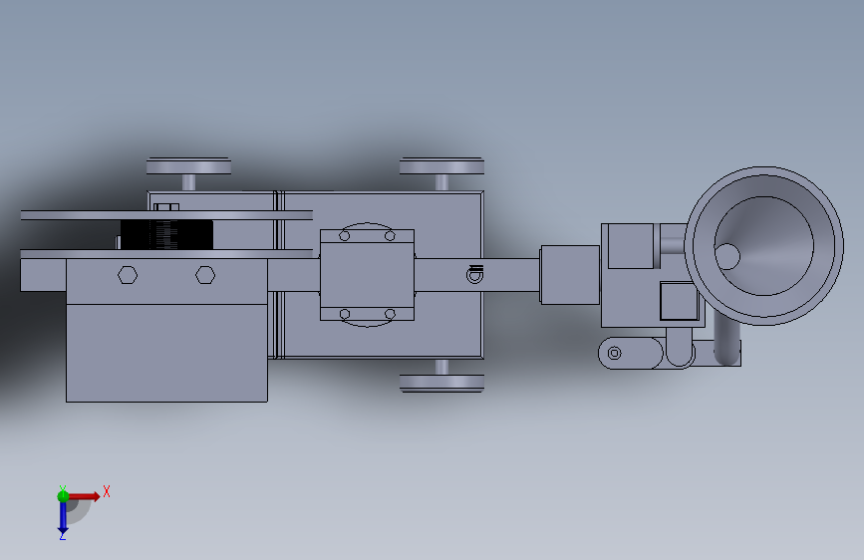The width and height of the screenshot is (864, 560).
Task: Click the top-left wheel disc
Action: pyautogui.click(x=188, y=165)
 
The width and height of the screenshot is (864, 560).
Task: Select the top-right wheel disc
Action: pyautogui.click(x=441, y=165)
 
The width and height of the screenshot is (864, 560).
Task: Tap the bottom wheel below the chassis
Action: pyautogui.click(x=441, y=383)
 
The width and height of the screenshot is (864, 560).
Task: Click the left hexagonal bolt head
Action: pyautogui.click(x=128, y=274)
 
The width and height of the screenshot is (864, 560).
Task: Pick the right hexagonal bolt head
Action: pyautogui.click(x=205, y=274)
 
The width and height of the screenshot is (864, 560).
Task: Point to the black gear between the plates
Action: pyautogui.click(x=166, y=235)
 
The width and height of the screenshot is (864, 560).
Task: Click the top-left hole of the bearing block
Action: pyautogui.click(x=345, y=236)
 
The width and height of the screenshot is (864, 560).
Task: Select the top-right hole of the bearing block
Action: pyautogui.click(x=390, y=236)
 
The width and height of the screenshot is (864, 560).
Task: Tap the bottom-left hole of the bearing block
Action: pyautogui.click(x=345, y=314)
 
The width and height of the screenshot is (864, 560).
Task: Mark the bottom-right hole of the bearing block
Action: pyautogui.click(x=390, y=314)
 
